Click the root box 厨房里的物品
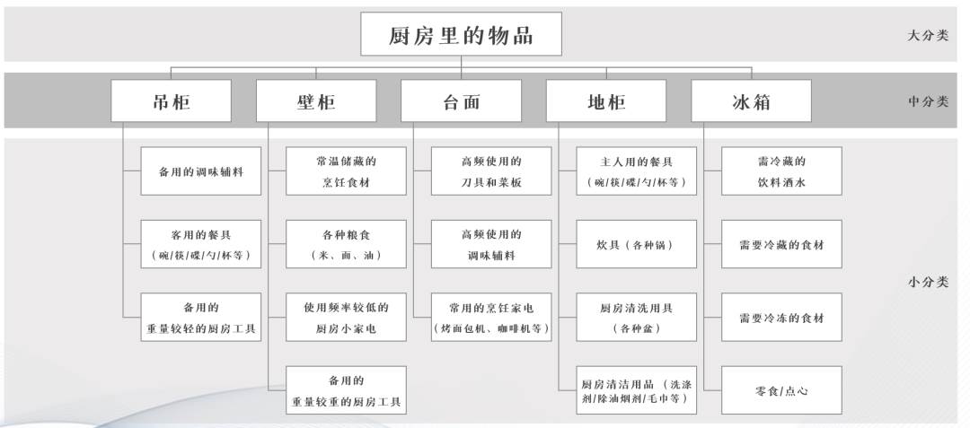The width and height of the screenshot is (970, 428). click(461, 34)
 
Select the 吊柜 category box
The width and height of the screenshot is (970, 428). click(171, 100)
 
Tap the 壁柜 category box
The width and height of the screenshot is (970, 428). click(316, 100)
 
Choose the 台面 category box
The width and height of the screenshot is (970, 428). click(461, 100)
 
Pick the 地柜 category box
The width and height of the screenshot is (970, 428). click(606, 100)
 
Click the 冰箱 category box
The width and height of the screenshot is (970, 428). click(751, 100)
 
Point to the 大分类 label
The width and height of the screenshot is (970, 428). click(927, 35)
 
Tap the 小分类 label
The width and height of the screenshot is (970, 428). click(927, 283)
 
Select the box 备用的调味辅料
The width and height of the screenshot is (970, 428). click(201, 171)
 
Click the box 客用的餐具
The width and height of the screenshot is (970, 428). click(201, 244)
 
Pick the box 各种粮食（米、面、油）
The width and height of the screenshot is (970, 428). click(346, 244)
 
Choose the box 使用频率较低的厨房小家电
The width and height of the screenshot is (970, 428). click(346, 317)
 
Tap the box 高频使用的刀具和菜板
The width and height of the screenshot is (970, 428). click(491, 171)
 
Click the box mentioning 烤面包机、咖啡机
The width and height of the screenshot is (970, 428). click(491, 317)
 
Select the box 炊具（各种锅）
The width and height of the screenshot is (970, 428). click(637, 244)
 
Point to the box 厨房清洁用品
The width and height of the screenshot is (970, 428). click(637, 390)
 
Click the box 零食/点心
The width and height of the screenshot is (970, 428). click(781, 390)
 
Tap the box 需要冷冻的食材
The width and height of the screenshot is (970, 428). click(781, 317)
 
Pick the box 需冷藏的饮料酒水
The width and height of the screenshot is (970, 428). click(781, 171)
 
